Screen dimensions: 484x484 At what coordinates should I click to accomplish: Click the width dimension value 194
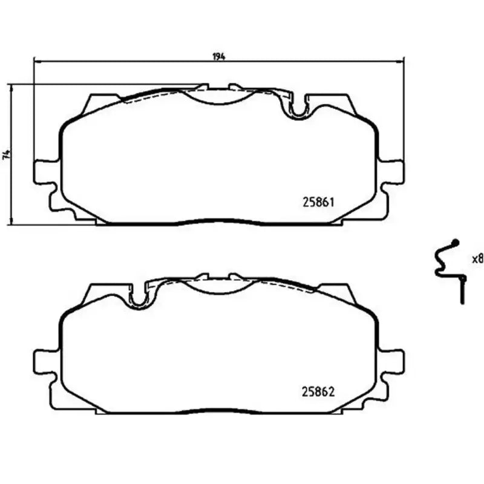(x=218, y=57)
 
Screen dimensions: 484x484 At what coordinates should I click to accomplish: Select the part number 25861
(x=318, y=202)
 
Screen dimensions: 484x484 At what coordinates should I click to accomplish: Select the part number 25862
(x=318, y=391)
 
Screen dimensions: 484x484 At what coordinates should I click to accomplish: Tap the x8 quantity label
(x=477, y=258)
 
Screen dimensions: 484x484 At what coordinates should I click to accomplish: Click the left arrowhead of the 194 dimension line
(x=34, y=61)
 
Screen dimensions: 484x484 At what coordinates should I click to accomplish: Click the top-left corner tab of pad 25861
(x=100, y=100)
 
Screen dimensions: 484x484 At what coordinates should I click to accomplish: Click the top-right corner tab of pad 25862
(x=336, y=289)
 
